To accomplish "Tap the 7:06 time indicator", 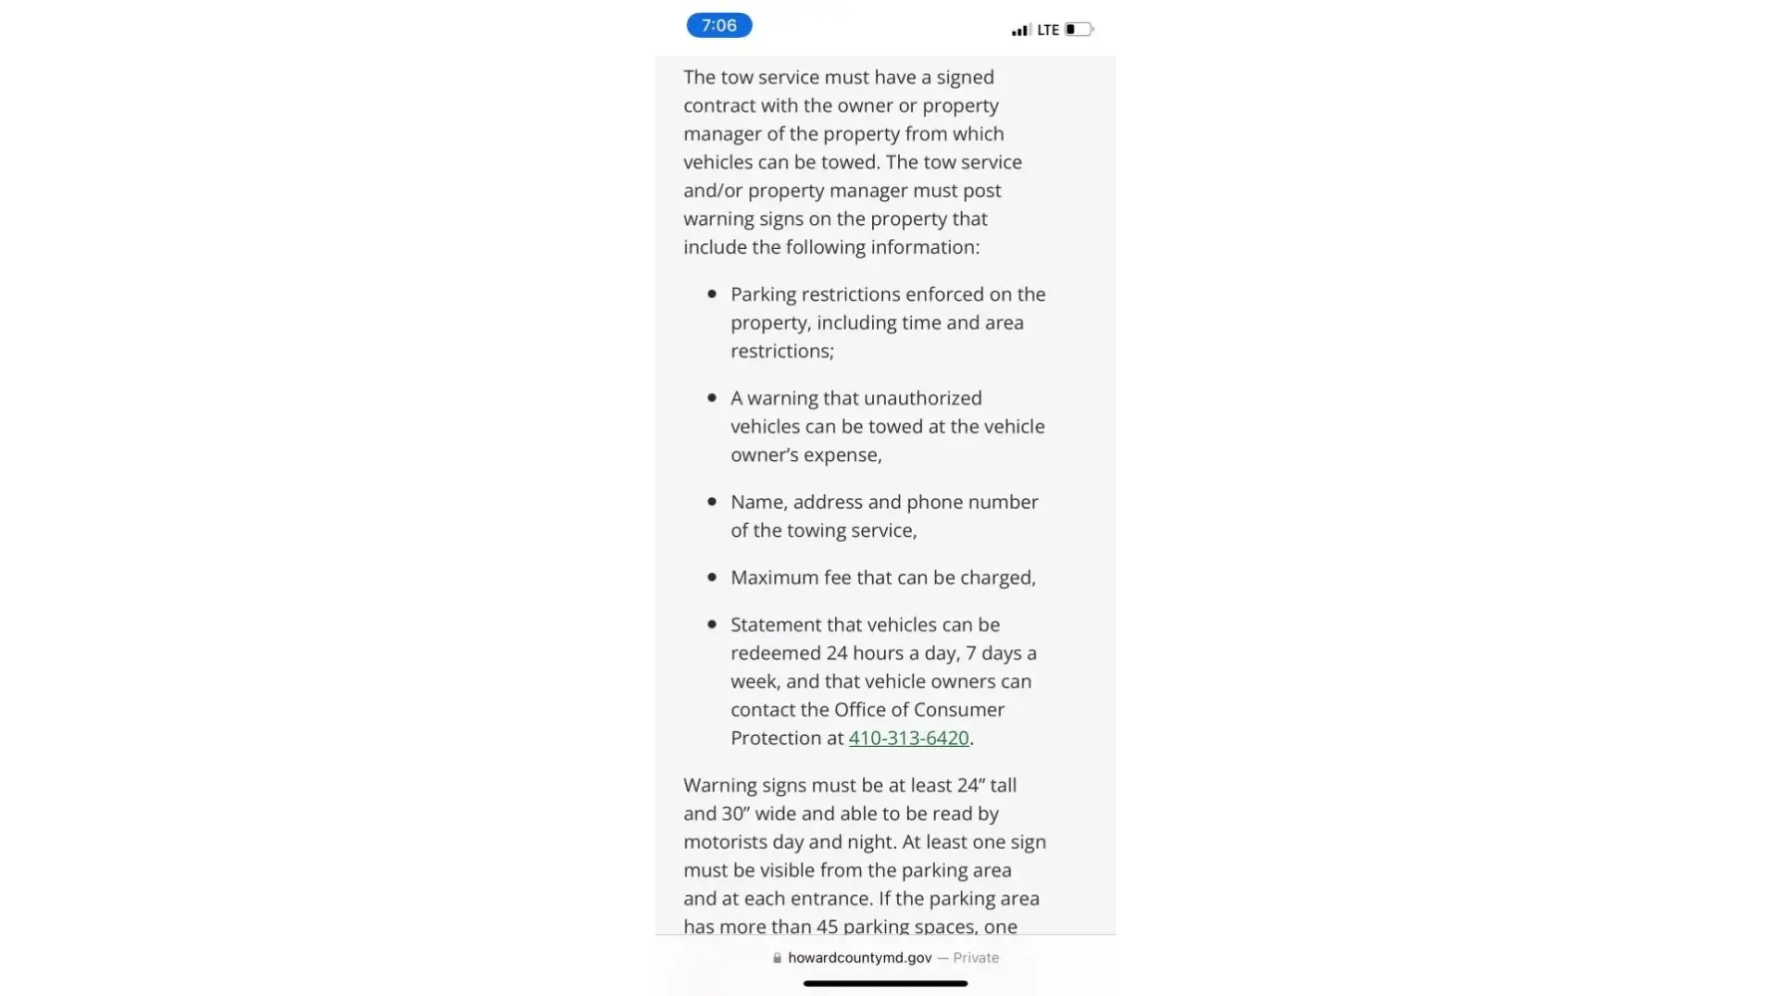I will [x=719, y=26].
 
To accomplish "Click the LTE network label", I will [x=1047, y=30].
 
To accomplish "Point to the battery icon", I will [x=1078, y=30].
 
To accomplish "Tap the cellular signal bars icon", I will [x=1020, y=31].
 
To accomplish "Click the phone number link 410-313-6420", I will [x=908, y=738].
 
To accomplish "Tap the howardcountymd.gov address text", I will [x=859, y=958].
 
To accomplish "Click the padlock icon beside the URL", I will [x=777, y=958].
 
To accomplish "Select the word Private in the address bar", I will [x=976, y=958].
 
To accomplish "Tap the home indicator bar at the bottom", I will [x=885, y=984].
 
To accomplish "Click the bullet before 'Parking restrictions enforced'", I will [x=712, y=294].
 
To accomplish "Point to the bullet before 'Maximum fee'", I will [x=712, y=578].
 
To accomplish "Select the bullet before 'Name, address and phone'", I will [x=712, y=502].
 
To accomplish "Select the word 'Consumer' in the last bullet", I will [x=959, y=710].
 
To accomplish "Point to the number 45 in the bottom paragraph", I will [x=827, y=927].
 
